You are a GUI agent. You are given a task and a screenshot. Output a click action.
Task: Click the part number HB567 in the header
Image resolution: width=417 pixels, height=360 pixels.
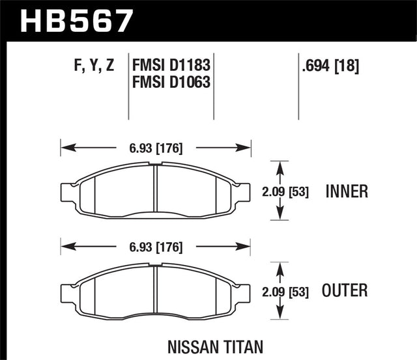(x=77, y=20)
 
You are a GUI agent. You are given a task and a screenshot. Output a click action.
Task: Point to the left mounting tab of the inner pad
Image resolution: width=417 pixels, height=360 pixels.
(x=66, y=191)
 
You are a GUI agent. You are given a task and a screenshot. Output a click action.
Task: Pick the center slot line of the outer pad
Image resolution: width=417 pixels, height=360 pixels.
(x=155, y=290)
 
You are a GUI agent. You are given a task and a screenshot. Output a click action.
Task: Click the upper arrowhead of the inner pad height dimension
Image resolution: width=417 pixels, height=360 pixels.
(x=280, y=167)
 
